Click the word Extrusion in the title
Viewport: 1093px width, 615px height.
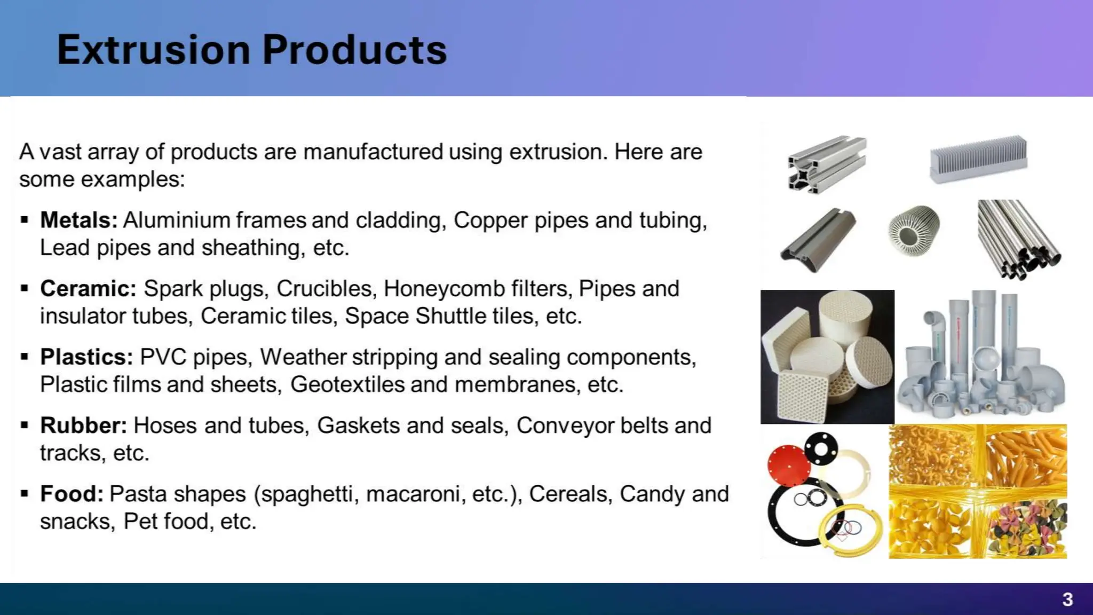pos(154,50)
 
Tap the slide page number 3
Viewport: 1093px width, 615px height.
pos(1067,600)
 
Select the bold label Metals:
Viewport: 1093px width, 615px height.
pos(78,220)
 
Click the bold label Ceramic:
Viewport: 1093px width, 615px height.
pos(88,288)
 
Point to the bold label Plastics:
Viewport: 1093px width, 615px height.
pos(86,357)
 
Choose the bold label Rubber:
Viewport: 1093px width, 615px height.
pos(83,425)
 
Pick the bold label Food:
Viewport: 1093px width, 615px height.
pos(72,494)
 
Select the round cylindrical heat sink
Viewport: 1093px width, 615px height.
pos(914,228)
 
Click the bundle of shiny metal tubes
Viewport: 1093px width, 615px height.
pos(1018,239)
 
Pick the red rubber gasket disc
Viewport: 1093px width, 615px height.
pos(789,464)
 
